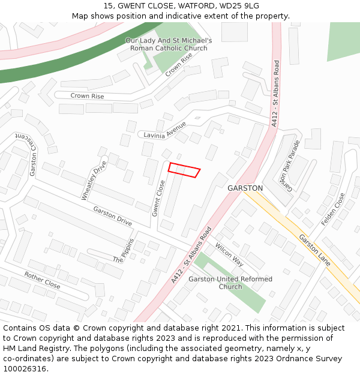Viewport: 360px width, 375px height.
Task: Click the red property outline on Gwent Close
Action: point(184,170)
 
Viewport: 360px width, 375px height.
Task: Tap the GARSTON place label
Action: point(245,188)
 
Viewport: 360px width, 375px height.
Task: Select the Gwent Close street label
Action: point(158,198)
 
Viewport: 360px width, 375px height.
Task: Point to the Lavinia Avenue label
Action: point(165,130)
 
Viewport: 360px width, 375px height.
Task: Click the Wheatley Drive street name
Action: point(94,180)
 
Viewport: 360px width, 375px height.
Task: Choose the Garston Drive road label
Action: point(112,216)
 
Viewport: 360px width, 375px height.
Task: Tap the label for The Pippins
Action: point(125,251)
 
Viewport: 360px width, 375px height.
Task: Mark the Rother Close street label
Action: point(42,280)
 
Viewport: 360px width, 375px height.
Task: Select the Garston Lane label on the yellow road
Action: point(315,250)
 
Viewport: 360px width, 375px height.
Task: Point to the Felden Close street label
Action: point(333,209)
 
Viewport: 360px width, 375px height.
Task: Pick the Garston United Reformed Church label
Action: point(230,283)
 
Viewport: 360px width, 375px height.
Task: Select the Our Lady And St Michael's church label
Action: point(169,44)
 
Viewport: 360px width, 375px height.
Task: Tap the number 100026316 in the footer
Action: point(25,369)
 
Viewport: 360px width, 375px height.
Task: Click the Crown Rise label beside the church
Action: point(178,64)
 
